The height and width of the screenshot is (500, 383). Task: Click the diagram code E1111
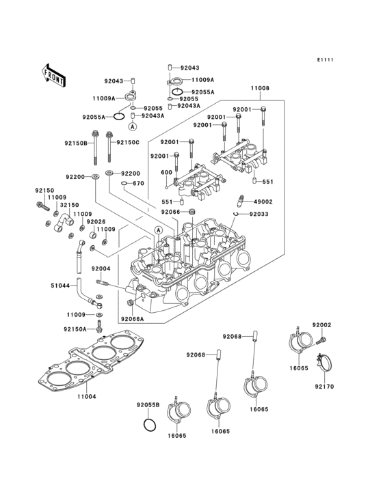(324, 60)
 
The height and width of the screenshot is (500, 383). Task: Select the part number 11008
(259, 89)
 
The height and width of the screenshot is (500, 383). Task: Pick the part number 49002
(263, 202)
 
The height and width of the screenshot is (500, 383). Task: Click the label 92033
(259, 214)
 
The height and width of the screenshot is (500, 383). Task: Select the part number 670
(138, 183)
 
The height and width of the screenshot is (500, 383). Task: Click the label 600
(166, 172)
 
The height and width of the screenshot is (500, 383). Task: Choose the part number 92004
(101, 268)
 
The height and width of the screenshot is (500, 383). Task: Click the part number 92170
(323, 386)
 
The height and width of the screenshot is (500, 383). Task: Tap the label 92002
(322, 325)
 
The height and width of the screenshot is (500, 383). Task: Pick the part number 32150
(69, 204)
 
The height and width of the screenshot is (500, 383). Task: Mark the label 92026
(96, 221)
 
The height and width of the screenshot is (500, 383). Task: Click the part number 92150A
(75, 329)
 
